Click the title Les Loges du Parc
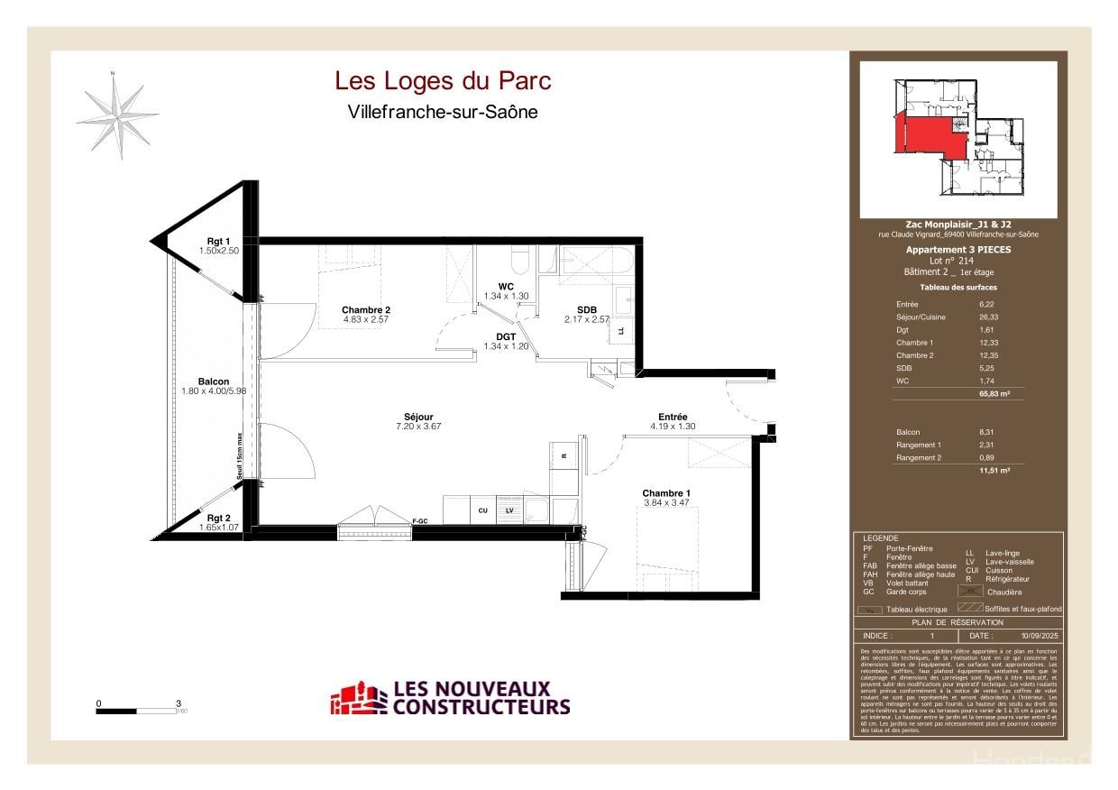tap(443, 81)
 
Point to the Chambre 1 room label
tap(666, 493)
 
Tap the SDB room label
tap(587, 309)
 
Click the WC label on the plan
tap(506, 287)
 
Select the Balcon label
tap(214, 381)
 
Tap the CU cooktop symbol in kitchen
tap(482, 510)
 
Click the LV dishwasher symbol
tap(509, 510)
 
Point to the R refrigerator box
tap(564, 455)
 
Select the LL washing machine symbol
tap(621, 331)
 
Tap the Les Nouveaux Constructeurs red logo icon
tap(358, 698)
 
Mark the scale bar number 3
tap(179, 703)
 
